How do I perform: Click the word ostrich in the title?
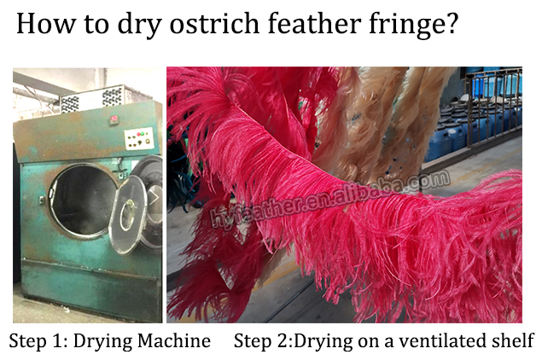click(x=214, y=24)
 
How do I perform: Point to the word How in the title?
click(x=46, y=24)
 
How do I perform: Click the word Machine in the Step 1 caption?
click(x=174, y=340)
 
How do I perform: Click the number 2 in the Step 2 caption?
click(x=283, y=341)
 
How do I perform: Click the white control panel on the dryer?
click(x=139, y=138)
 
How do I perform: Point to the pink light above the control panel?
click(x=114, y=119)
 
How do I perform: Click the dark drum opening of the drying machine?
click(x=81, y=200)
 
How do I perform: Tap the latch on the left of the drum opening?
click(x=42, y=200)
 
